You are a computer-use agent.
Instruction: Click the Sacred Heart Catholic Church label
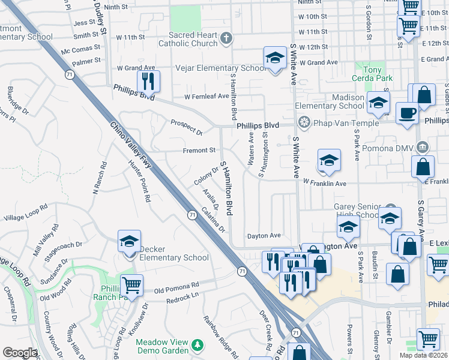[189, 40]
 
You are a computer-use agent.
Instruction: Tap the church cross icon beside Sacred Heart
[226, 40]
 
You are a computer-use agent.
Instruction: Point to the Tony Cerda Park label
[373, 74]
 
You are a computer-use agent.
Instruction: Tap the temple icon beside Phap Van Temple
[304, 123]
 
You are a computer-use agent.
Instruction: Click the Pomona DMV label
[390, 148]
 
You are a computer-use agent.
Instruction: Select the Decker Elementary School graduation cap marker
[129, 242]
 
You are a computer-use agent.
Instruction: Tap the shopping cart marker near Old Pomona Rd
[131, 285]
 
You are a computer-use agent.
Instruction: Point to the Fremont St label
[199, 151]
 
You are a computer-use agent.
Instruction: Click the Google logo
[20, 353]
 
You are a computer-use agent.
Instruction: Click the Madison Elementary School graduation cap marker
[378, 103]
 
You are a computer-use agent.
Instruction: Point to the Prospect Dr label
[186, 127]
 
